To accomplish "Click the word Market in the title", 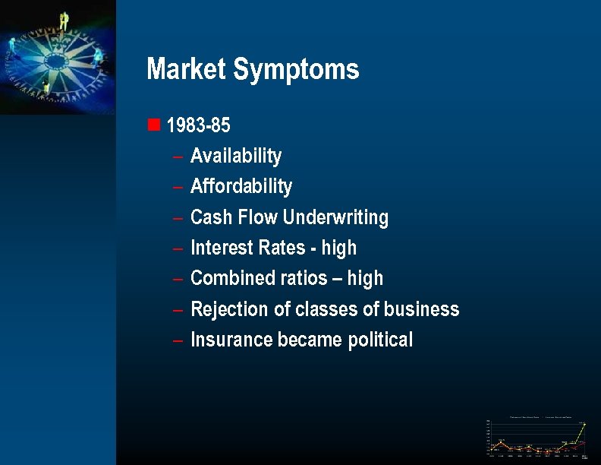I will click(x=187, y=69).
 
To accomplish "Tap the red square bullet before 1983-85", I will click(x=154, y=124).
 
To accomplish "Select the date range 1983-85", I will click(x=198, y=125).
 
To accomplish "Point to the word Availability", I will click(x=235, y=157).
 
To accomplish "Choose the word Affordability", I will click(x=241, y=187).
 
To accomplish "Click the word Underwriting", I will click(x=335, y=218).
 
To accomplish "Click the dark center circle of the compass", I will click(x=55, y=60).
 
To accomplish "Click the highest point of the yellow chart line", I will click(x=584, y=424).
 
